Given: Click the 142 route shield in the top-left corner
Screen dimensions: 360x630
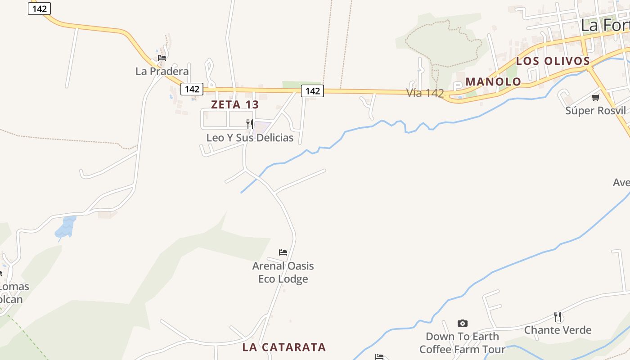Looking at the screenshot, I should [40, 9].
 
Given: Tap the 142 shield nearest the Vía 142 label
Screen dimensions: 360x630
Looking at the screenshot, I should [312, 91].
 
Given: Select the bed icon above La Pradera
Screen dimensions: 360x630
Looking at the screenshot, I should [162, 58].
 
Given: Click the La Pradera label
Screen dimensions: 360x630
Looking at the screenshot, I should [162, 71].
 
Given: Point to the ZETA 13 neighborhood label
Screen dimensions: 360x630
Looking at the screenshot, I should [235, 105].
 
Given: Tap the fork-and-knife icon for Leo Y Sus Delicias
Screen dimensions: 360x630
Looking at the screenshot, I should [249, 124].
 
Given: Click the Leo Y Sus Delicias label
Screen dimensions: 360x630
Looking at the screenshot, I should [250, 138].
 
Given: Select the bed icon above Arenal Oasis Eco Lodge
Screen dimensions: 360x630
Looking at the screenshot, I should [283, 252].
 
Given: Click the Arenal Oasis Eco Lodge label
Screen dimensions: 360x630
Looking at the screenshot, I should [283, 272].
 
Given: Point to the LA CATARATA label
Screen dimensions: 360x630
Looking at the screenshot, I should [284, 347].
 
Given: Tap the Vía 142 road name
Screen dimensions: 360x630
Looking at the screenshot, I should [425, 93].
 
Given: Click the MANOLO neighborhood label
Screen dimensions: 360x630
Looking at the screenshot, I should [493, 82].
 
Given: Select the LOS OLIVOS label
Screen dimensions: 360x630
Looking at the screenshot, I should [553, 61].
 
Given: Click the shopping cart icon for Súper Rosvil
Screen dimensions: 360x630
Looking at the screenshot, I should [596, 97].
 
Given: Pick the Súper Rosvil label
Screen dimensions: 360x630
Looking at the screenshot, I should [595, 110].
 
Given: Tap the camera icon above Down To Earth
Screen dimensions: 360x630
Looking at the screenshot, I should [462, 323].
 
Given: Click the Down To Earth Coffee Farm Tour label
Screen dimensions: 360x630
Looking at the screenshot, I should [462, 343].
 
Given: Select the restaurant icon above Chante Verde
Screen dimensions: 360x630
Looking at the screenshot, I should [558, 317].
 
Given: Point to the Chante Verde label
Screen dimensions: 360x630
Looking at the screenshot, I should [558, 330].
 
